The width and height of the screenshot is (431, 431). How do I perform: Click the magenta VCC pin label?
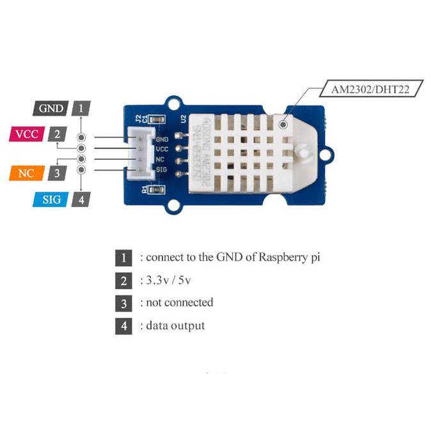(26, 134)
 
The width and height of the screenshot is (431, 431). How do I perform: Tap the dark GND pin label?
(51, 108)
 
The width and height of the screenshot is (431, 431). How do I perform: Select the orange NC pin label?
(26, 173)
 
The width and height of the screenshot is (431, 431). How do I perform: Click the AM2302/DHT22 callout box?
(370, 88)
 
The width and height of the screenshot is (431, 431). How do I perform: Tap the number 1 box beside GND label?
(81, 108)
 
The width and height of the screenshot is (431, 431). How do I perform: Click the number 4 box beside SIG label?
(81, 200)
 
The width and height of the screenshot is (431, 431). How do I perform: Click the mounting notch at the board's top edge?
(173, 102)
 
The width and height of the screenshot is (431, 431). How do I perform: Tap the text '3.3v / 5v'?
(170, 280)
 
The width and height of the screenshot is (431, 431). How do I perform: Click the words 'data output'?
(175, 325)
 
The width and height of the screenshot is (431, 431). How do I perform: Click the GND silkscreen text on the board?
(162, 138)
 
